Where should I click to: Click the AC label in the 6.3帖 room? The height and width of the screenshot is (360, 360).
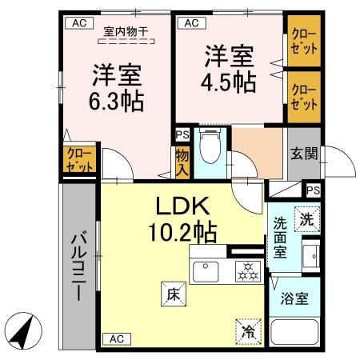(x=78, y=23)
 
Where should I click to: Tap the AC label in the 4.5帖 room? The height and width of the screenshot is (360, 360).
(x=190, y=23)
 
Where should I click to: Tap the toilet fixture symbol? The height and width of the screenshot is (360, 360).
(x=210, y=147)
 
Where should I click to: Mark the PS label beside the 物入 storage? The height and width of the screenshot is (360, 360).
(x=182, y=136)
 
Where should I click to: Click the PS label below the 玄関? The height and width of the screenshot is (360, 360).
(x=313, y=190)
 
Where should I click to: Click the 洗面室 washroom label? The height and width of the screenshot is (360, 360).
(x=281, y=237)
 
